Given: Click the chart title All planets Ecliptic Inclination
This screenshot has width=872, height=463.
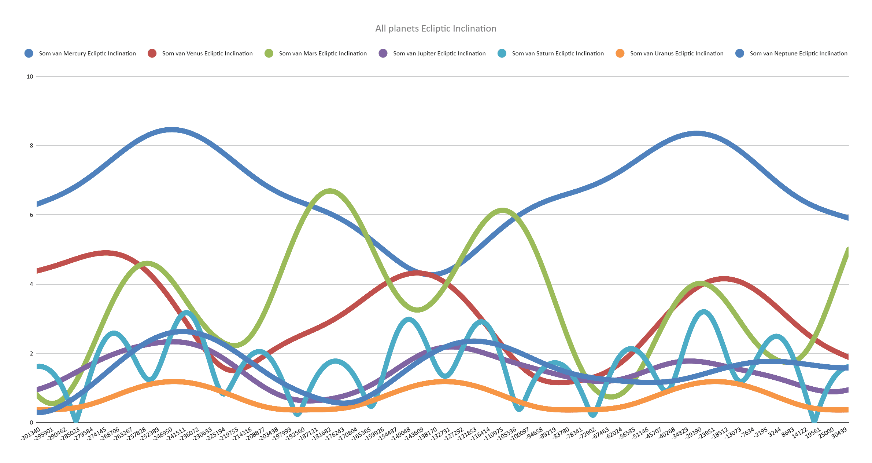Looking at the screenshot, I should point(436,29).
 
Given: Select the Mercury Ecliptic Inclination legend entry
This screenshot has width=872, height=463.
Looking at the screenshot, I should point(87,54).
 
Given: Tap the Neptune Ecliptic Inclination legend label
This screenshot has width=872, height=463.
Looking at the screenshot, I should point(798,54).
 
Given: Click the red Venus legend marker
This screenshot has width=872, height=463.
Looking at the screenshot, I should point(152,54).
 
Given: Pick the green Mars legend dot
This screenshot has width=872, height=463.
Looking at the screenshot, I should point(269,54).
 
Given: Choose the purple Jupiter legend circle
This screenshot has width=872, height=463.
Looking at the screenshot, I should point(383,54).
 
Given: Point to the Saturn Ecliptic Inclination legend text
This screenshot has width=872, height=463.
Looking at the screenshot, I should point(558,54).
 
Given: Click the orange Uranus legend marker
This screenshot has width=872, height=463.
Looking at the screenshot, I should point(620,54).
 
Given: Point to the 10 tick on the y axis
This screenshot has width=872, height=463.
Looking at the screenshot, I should point(30,77).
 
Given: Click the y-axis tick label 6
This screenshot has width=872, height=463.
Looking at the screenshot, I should point(32,215).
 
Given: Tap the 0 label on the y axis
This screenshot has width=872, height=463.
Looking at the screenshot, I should point(32,423).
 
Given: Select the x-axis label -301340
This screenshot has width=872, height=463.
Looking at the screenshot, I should point(31,434).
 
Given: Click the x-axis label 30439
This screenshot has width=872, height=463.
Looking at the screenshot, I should point(839,433).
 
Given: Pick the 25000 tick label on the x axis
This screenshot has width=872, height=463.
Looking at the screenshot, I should point(826,433).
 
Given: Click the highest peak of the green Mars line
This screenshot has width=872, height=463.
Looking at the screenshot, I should point(330,191).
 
